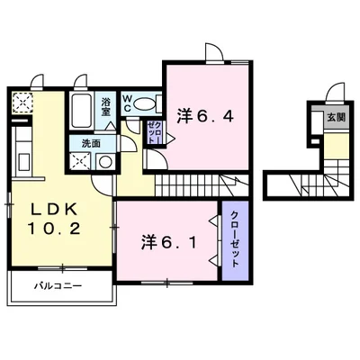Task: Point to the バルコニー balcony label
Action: [x=58, y=287]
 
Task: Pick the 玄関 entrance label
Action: [x=335, y=117]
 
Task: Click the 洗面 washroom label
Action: [x=91, y=144]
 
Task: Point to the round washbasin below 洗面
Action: [x=105, y=163]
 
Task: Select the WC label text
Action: [x=127, y=104]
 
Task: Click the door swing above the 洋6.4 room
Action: [x=213, y=52]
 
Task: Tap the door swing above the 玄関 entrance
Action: [x=335, y=91]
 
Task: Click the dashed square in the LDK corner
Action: [x=20, y=102]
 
